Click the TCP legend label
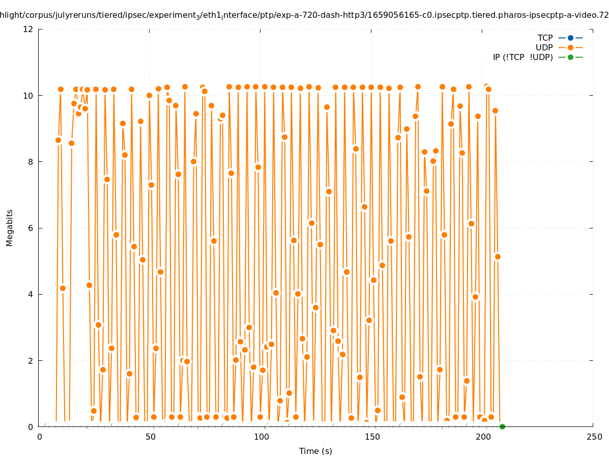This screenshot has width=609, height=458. coord(545,38)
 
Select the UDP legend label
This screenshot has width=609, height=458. coord(544,47)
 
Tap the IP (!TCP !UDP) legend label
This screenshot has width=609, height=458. coord(523,57)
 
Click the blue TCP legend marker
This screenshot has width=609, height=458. coord(570,38)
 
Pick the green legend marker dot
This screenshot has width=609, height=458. coord(570,57)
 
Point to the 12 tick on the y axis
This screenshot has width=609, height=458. coord(28,29)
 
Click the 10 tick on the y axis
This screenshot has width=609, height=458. coord(28,96)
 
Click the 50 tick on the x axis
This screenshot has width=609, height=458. coord(150,437)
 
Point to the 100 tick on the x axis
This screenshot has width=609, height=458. coord(261,437)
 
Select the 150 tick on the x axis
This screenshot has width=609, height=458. coord(372,437)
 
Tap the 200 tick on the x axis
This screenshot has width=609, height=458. coord(483,437)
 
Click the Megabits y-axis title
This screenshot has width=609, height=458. coord(10,227)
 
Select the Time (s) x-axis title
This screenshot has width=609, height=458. coord(315,451)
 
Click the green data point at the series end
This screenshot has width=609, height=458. coord(502,426)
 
